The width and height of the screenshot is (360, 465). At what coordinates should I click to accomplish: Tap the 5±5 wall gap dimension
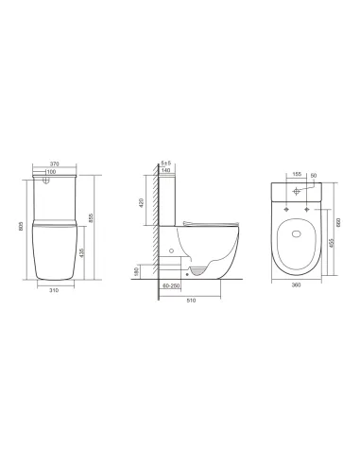[166, 164]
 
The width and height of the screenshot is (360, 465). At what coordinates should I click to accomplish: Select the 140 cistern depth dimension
[167, 173]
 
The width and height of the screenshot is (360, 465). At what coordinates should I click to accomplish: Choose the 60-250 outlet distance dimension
[171, 284]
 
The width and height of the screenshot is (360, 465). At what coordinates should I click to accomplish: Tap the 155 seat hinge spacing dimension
[298, 174]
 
